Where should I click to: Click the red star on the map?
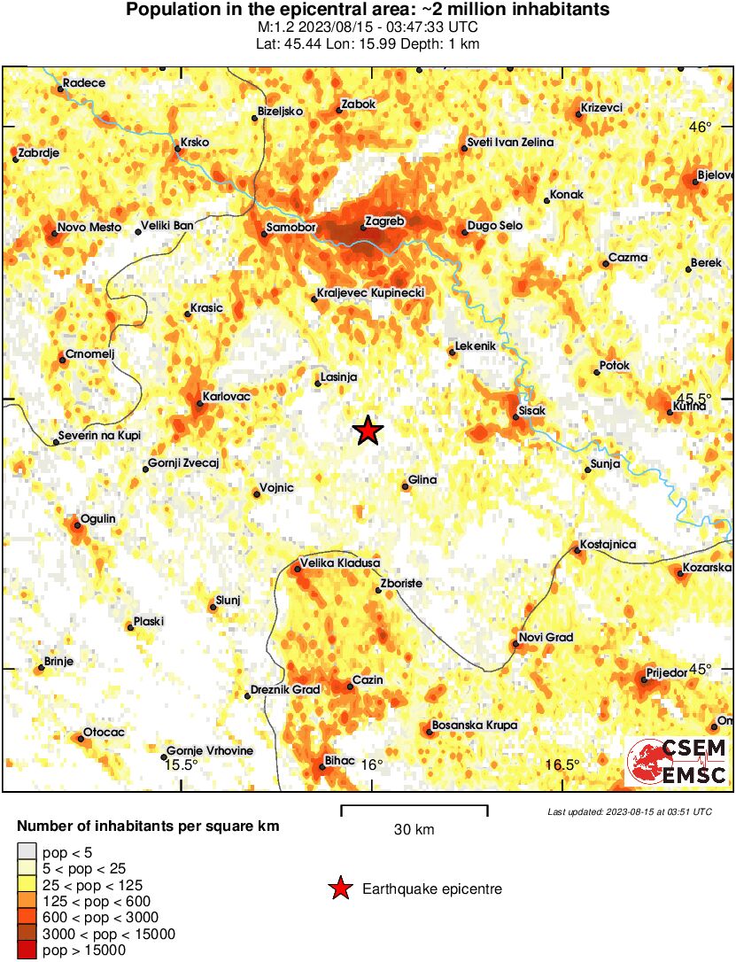click(368, 431)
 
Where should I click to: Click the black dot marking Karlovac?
click(199, 406)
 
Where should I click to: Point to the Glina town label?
click(422, 480)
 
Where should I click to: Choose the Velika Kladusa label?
click(340, 562)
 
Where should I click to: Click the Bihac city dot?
click(322, 767)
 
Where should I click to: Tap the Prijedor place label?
click(667, 673)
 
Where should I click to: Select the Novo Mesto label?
click(88, 226)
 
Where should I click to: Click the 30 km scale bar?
click(414, 808)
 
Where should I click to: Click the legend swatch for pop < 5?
click(28, 852)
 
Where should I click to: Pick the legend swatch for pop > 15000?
click(28, 950)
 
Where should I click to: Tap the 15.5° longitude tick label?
click(181, 765)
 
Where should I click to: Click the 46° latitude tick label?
click(700, 128)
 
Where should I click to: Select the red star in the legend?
click(338, 888)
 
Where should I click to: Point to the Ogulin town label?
click(97, 518)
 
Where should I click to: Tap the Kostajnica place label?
click(608, 544)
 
